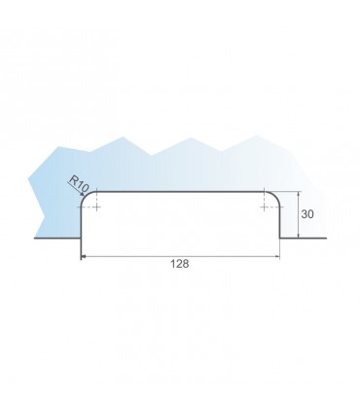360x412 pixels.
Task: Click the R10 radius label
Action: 79,184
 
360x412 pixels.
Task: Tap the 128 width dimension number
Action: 180,264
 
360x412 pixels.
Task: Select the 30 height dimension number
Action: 307,214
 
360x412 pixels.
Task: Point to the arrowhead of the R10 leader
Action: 83,194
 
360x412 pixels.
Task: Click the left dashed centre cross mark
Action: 96,206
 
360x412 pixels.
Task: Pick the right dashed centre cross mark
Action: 265,206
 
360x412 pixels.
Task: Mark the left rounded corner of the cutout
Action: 86,196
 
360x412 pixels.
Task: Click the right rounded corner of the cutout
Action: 275,196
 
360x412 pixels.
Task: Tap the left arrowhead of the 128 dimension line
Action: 83,256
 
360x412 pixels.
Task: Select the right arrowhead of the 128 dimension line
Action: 277,256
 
